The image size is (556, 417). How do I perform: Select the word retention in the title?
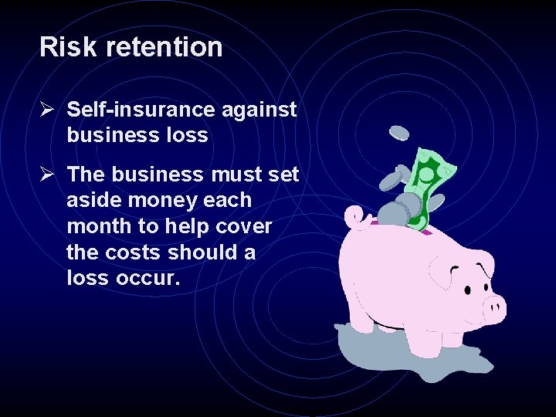pos(164,47)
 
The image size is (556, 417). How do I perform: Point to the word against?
pos(259,110)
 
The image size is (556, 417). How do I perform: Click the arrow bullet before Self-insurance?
pos(47,110)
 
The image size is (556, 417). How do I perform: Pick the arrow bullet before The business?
pos(47,175)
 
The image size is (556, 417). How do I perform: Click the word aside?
pos(93,201)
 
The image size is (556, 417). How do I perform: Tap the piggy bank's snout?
pos(495,309)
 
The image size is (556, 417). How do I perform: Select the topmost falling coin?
pos(399,133)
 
